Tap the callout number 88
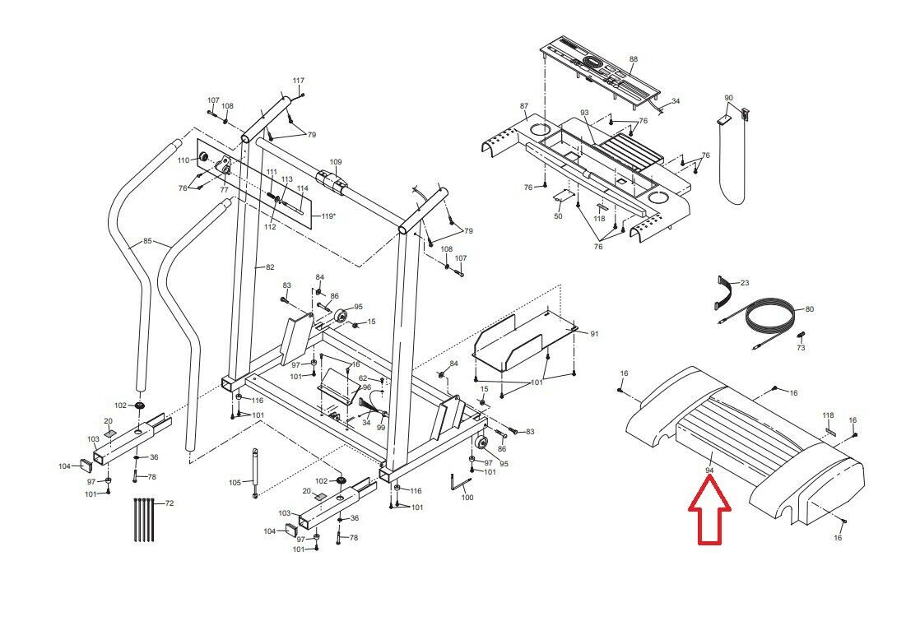(634, 59)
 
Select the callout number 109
(336, 162)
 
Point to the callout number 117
(298, 81)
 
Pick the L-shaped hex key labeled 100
(459, 482)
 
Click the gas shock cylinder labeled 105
(254, 473)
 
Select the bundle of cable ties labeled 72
(144, 519)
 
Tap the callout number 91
(595, 333)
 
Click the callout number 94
(709, 470)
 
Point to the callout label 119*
(328, 216)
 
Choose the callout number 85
(147, 241)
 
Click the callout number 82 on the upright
(270, 266)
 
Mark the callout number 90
(728, 98)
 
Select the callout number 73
(801, 348)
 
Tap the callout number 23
(745, 282)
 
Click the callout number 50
(558, 216)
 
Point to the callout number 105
(235, 483)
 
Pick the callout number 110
(184, 160)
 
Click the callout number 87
(524, 106)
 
